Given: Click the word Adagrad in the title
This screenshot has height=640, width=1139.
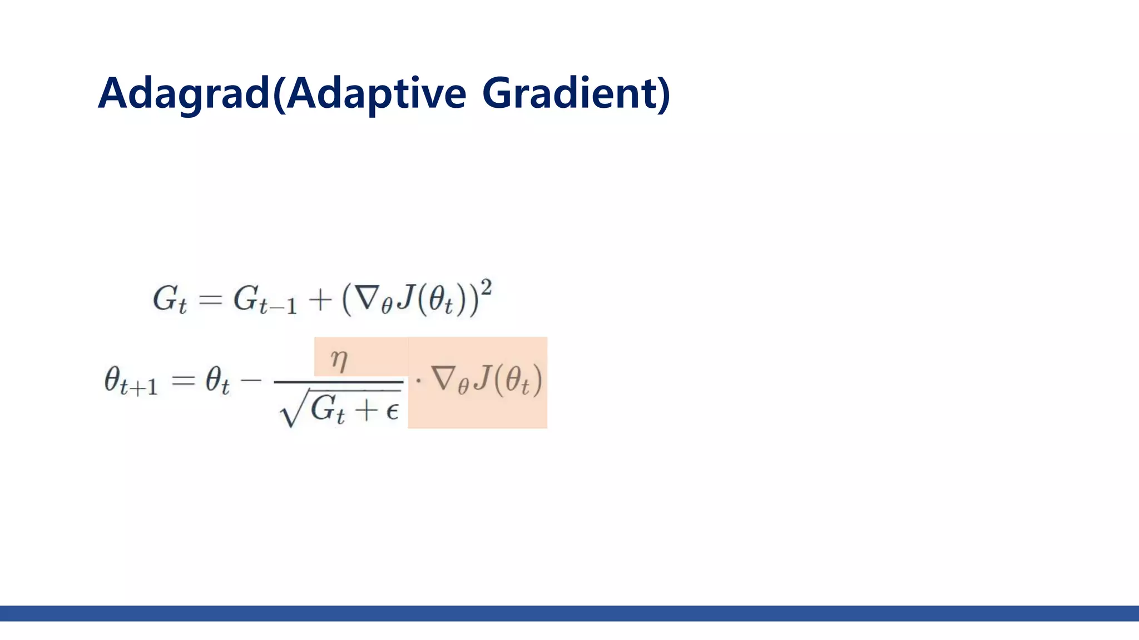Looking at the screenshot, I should tap(184, 93).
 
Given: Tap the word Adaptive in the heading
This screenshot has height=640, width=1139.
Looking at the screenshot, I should tap(376, 93).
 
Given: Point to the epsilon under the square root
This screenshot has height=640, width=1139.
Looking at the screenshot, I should tap(392, 411).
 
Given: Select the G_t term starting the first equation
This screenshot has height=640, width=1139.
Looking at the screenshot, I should tap(169, 300).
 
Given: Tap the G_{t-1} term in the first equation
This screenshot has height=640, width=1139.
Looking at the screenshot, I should tap(264, 300).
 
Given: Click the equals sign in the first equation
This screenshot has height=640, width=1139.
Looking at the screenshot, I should tap(210, 301).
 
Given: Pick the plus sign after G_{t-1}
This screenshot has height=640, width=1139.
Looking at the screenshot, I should tap(320, 300).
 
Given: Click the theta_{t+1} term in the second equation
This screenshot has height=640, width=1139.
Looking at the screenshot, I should tap(131, 382).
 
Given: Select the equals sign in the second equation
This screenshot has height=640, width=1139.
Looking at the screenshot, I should tap(184, 381).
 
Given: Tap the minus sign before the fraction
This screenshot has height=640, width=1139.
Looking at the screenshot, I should tap(250, 381).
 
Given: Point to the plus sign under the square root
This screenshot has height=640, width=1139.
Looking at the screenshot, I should tap(366, 411).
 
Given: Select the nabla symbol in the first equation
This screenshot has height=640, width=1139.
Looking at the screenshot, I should tap(368, 298).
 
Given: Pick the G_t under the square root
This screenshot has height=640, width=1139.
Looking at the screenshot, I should tap(328, 411).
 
